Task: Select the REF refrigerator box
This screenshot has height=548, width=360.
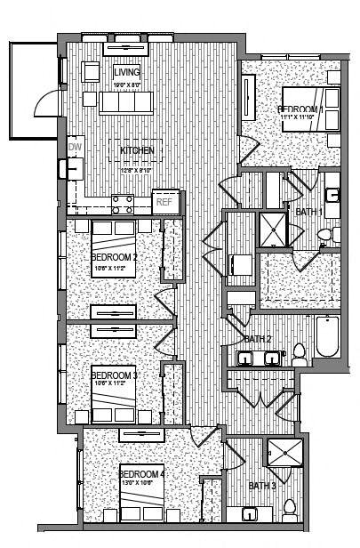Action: pos(164,202)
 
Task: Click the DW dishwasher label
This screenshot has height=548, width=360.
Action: pos(74,148)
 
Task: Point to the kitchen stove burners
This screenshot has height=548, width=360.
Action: pos(123,205)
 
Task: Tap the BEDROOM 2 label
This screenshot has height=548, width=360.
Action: pos(113,258)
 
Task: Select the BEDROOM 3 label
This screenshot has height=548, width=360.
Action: pos(113,375)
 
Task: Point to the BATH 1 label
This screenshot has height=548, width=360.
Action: pos(308,212)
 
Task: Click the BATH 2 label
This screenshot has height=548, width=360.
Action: pos(257,339)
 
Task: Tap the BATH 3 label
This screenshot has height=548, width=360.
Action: pos(261,486)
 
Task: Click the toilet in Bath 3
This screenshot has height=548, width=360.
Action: pos(289,510)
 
